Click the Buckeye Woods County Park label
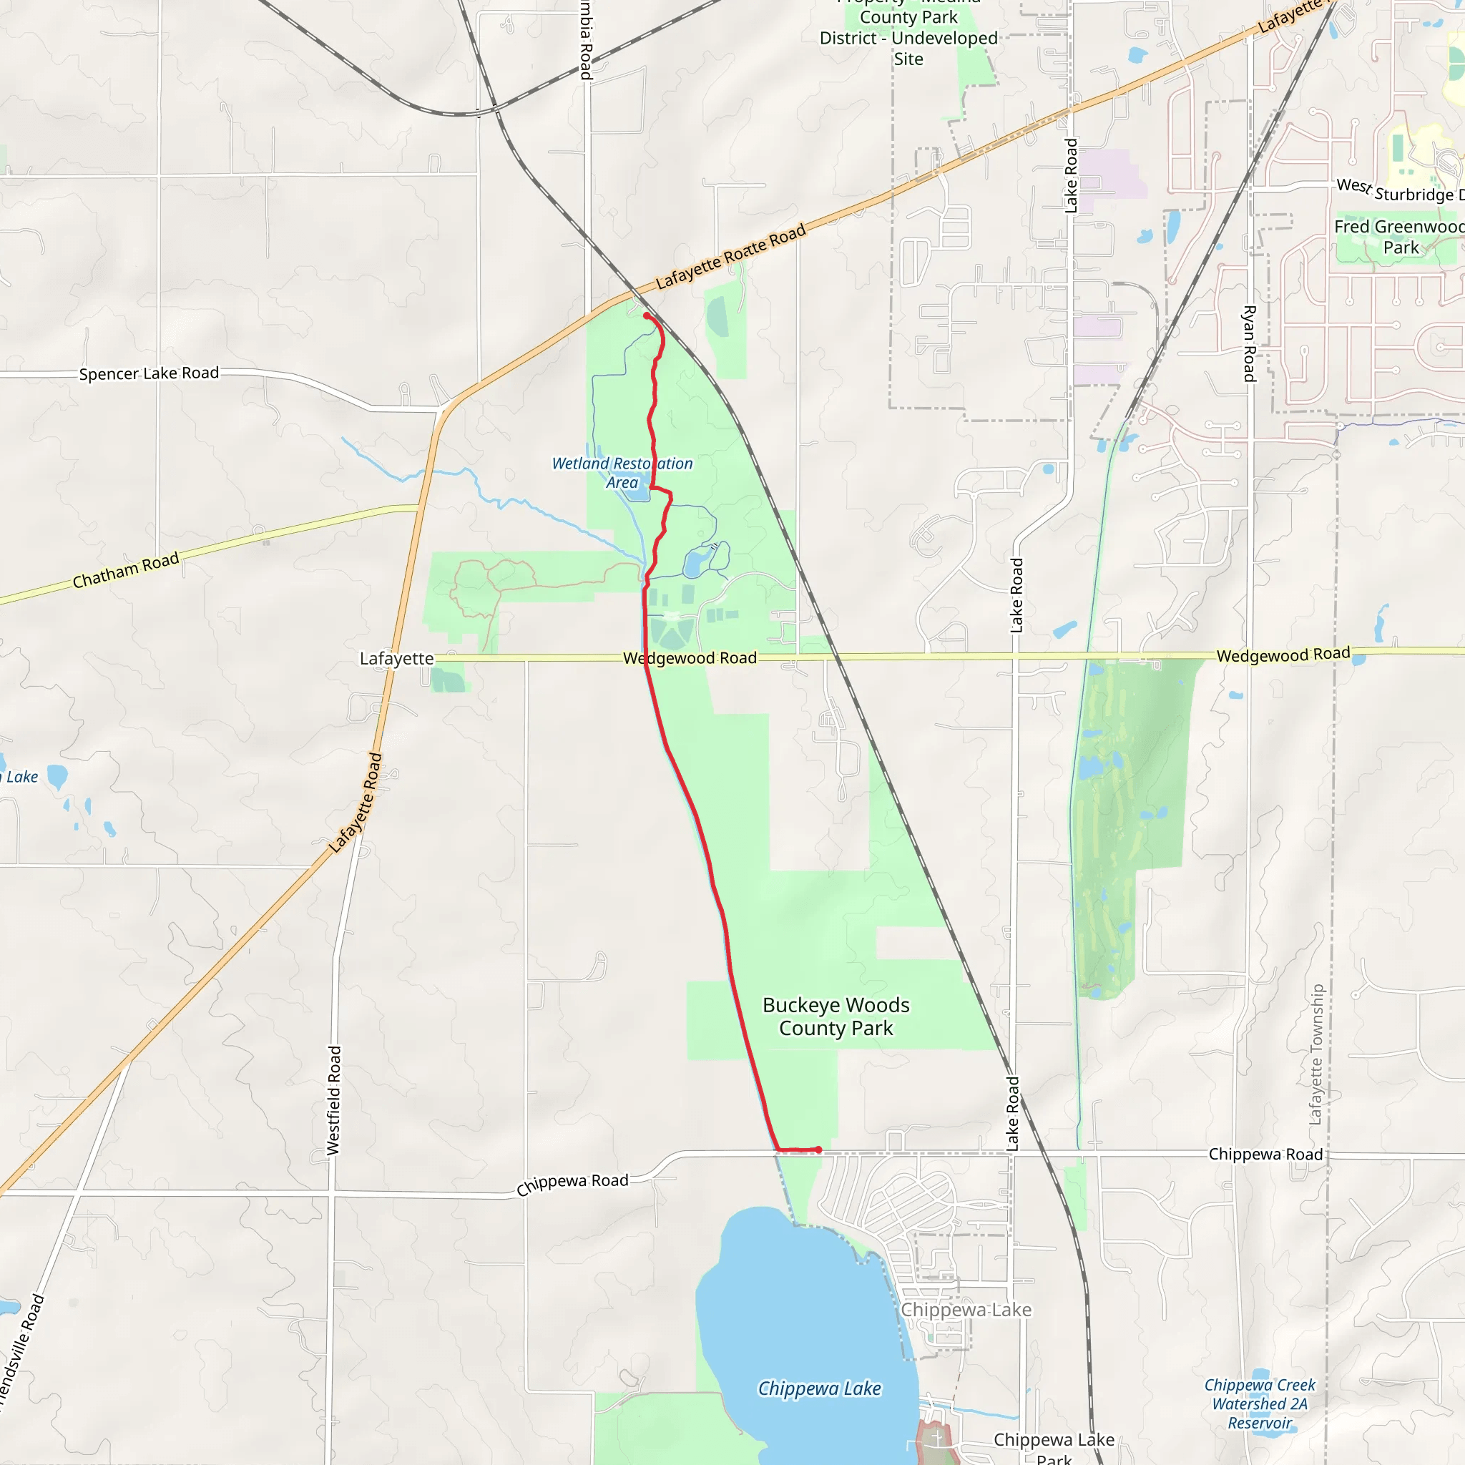836,1016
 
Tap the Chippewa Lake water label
819,1388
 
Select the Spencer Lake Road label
149,373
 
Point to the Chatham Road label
126,570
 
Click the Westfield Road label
333,1100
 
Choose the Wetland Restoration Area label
622,472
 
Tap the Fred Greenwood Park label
1399,237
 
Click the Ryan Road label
1249,343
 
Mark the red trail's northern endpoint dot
646,315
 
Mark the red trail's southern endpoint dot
818,1150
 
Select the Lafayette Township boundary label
1316,1054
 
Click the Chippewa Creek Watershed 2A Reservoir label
1260,1403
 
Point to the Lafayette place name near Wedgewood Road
396,658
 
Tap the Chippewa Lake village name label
965,1310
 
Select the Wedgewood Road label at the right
1283,655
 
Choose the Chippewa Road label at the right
1265,1154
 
